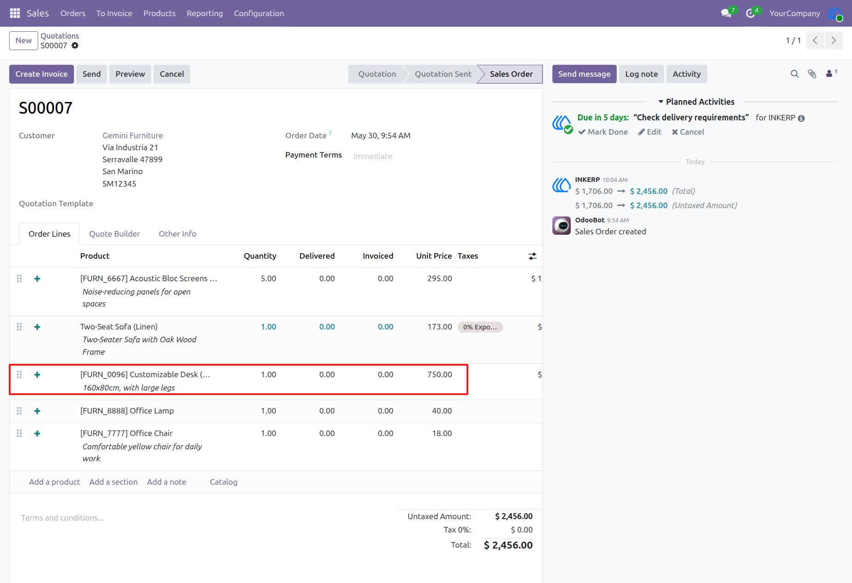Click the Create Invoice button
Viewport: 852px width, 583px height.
pos(41,74)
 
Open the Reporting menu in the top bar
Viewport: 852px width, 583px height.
pos(204,13)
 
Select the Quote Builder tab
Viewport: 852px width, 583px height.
pos(114,234)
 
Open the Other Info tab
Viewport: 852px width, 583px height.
pos(177,234)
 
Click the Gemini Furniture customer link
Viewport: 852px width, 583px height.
pos(133,136)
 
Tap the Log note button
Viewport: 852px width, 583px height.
pos(642,74)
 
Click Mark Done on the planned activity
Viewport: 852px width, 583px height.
pos(603,132)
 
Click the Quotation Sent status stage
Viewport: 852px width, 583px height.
pos(443,74)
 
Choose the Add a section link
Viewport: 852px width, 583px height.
pos(114,482)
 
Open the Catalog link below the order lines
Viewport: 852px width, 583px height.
pos(224,482)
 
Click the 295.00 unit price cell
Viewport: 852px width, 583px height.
pos(440,278)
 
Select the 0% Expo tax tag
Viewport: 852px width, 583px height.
pos(480,327)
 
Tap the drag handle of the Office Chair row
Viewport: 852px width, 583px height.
pos(19,433)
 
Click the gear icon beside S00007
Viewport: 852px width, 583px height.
pos(75,45)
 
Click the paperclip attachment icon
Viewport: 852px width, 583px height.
pos(812,74)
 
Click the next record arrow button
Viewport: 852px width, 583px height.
pos(834,40)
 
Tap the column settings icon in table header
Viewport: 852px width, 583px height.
pos(532,256)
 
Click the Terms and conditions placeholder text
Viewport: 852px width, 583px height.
pos(62,518)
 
